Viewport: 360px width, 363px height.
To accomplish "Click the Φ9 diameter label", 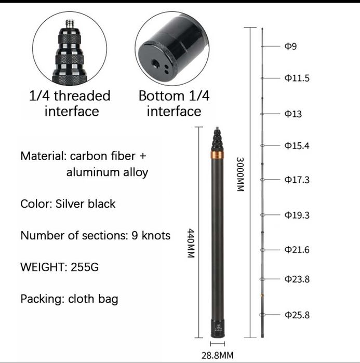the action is [x=290, y=46].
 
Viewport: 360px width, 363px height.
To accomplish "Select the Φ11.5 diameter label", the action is [x=297, y=78].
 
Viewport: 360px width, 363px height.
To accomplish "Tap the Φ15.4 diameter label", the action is [x=297, y=145].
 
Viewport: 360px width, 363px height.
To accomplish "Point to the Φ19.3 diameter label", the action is [x=297, y=215].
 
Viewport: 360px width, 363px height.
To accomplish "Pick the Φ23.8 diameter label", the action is [x=297, y=279].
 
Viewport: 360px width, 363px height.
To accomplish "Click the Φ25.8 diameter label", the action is [x=297, y=315].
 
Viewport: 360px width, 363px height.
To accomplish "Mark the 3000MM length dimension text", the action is [x=241, y=174].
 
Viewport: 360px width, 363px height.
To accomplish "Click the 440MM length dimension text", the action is [x=191, y=244].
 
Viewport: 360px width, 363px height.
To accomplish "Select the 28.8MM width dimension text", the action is [x=217, y=355].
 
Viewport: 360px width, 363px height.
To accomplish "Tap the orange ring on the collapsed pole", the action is [x=217, y=155].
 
